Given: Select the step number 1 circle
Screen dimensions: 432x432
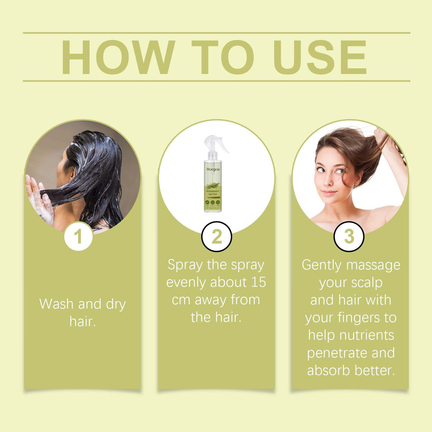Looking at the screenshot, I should (x=78, y=237).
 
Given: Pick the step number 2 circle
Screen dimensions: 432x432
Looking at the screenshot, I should (x=216, y=237).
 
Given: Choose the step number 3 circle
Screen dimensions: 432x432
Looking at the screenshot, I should (x=349, y=237).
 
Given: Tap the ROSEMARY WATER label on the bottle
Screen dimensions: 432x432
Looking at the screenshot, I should (x=213, y=192).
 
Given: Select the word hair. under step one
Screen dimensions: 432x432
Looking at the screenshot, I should (x=83, y=322).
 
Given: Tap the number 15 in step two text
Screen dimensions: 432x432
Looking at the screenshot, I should (x=257, y=282).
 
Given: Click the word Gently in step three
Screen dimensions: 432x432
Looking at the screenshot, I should (x=321, y=265).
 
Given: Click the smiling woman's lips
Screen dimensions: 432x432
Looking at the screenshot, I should (x=329, y=193).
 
